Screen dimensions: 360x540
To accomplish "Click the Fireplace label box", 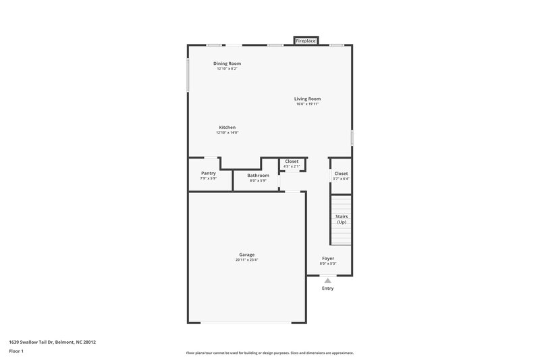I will point(306,41).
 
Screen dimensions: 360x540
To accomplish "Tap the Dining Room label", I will point(227,63).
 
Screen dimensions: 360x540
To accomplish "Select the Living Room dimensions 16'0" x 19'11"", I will point(307,104).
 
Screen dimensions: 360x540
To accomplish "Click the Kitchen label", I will point(227,127).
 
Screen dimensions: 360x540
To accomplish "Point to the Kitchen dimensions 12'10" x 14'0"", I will point(227,132).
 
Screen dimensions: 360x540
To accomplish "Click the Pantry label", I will point(208,173).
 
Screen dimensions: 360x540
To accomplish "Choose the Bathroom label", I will point(258,175).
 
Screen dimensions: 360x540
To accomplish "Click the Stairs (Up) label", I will point(341,219).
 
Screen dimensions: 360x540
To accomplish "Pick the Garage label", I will point(246,255).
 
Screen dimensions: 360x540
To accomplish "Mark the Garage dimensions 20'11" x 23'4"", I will point(246,260).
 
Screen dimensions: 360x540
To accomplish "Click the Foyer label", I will point(327,259).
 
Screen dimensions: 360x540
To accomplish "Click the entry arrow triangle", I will point(327,280).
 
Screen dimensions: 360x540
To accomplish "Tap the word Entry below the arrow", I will point(327,288).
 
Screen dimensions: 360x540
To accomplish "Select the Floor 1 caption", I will point(17,352).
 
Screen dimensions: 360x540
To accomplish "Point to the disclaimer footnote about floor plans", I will point(269,353).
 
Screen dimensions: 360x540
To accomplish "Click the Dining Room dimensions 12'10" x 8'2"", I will point(228,69).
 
